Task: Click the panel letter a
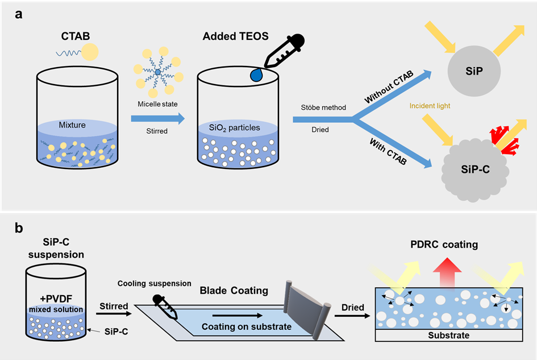[19, 15]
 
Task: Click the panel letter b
[19, 229]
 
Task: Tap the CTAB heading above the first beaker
[75, 37]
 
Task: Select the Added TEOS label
[228, 37]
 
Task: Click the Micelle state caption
[157, 104]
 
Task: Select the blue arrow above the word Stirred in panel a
[157, 119]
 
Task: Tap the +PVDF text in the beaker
[56, 299]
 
